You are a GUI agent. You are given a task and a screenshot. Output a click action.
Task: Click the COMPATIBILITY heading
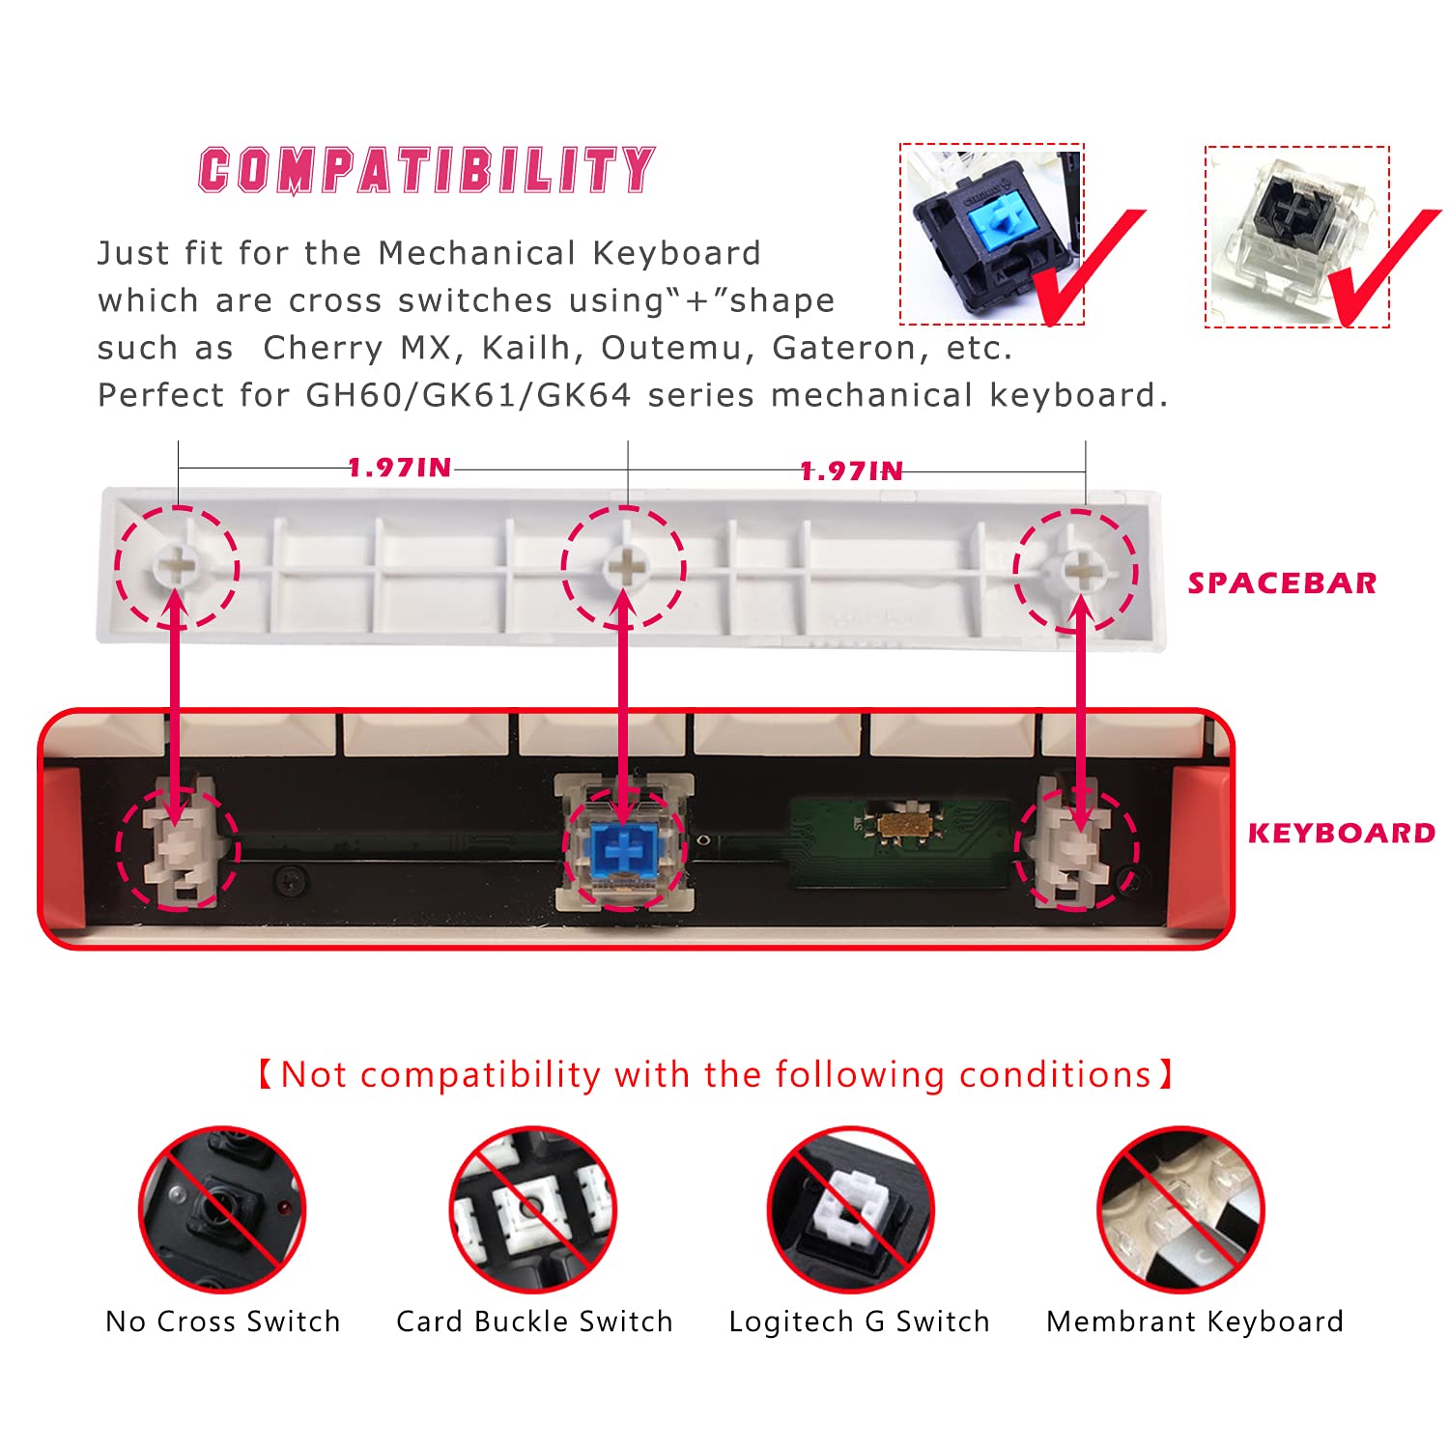click(426, 170)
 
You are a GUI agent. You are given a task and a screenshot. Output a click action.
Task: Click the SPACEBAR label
click(1282, 583)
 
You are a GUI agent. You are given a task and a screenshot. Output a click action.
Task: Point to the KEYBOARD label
click(1341, 834)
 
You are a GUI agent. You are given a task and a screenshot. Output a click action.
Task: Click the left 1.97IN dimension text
click(400, 469)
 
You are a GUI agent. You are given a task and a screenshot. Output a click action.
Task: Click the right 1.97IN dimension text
click(851, 471)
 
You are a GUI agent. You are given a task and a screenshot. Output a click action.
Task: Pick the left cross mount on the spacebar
click(177, 567)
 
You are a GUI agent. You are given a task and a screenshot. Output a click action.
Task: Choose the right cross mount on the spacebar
click(1079, 570)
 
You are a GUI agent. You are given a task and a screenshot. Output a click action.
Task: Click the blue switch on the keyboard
click(624, 844)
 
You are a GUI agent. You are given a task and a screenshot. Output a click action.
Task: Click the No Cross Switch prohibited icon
click(222, 1209)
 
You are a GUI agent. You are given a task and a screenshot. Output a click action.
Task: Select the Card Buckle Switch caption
click(534, 1321)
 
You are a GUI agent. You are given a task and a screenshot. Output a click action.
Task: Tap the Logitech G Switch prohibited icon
click(850, 1209)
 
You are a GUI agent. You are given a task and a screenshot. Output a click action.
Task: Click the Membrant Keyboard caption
click(1194, 1321)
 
